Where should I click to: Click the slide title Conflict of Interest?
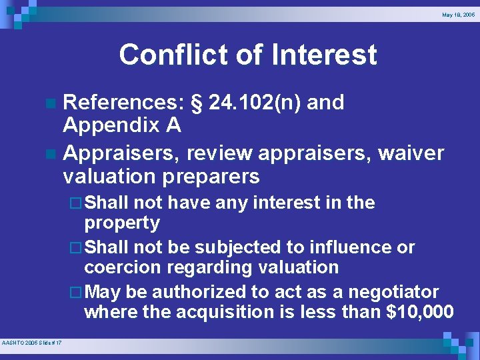(x=247, y=55)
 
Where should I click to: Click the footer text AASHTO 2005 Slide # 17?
(x=32, y=343)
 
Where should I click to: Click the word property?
(x=122, y=223)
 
